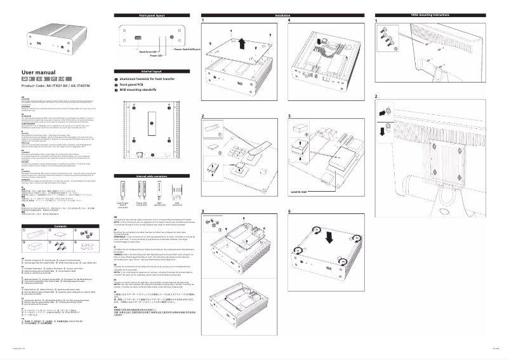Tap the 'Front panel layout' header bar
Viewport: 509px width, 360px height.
click(x=151, y=14)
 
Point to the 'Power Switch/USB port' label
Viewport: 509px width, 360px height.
click(x=187, y=48)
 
